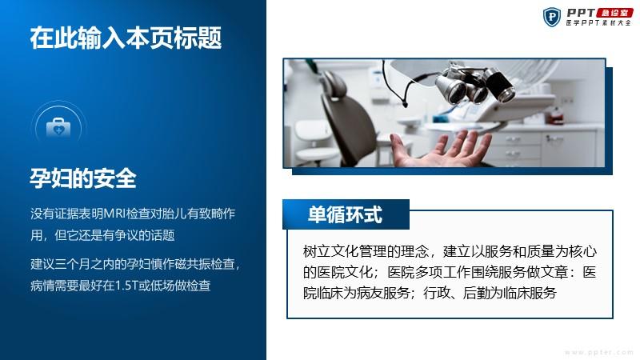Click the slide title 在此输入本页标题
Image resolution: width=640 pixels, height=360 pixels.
click(126, 38)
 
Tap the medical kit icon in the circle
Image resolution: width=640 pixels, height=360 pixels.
click(58, 127)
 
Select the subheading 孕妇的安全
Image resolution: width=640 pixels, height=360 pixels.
click(83, 178)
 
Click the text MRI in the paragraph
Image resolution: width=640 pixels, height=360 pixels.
click(114, 214)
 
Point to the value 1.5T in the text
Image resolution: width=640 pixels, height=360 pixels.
click(126, 286)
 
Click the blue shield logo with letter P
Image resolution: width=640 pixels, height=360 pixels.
click(552, 17)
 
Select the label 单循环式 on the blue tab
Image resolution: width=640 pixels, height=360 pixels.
click(346, 214)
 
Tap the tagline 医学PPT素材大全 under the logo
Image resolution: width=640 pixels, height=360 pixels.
click(598, 23)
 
